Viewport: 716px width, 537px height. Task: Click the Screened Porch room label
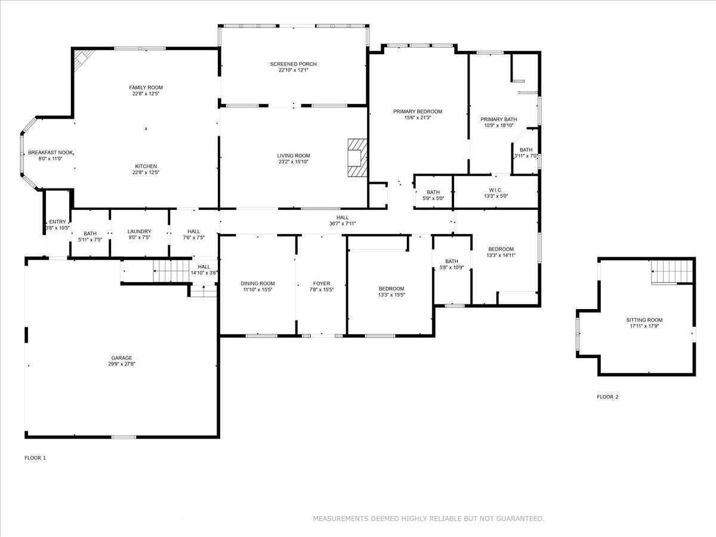click(293, 64)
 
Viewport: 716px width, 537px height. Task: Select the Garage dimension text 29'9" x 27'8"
click(121, 364)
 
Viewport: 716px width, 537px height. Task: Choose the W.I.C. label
click(495, 190)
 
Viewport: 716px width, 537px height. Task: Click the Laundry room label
click(139, 232)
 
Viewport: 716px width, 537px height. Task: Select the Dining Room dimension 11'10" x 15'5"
click(258, 290)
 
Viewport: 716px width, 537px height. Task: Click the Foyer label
click(322, 283)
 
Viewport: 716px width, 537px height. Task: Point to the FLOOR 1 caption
click(35, 458)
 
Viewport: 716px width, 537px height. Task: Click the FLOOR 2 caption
click(607, 397)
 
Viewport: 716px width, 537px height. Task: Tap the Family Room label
click(146, 88)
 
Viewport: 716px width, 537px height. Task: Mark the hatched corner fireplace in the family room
click(82, 59)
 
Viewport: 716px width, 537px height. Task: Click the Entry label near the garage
click(58, 221)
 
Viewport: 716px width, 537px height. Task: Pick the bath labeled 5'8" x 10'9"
click(451, 264)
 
